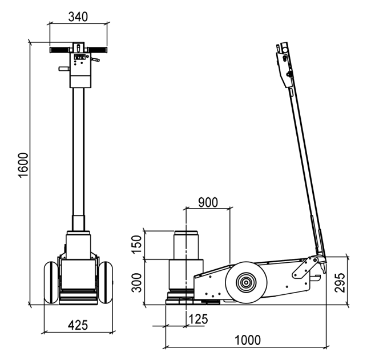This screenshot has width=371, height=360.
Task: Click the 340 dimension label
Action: [x=78, y=17]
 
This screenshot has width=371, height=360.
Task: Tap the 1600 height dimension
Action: [x=23, y=165]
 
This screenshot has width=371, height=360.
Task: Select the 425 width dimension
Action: [x=78, y=325]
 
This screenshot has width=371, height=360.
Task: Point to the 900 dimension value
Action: [x=208, y=202]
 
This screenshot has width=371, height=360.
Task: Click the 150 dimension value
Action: [x=137, y=245]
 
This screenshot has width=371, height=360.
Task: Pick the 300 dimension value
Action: [x=137, y=282]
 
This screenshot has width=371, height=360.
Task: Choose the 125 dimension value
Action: [x=198, y=319]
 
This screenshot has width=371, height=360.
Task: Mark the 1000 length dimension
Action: [x=248, y=340]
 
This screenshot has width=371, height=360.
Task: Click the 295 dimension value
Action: [x=340, y=282]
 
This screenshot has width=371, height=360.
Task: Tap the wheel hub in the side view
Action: [x=246, y=282]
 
